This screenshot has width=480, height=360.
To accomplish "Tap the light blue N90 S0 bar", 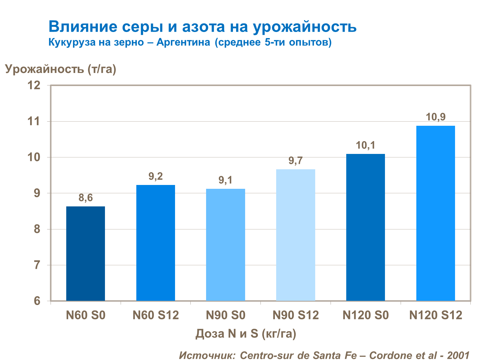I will (x=226, y=244).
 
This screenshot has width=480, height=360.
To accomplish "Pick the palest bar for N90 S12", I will (x=296, y=235).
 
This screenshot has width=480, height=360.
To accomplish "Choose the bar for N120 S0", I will (x=365, y=227).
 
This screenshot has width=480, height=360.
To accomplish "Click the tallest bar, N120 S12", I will (x=436, y=213).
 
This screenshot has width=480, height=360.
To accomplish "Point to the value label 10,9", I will (x=436, y=117).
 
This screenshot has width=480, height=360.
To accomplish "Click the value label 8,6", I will (x=85, y=198).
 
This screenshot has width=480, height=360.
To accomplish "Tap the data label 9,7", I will (x=296, y=161).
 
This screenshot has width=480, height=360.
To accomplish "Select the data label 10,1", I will (x=365, y=145).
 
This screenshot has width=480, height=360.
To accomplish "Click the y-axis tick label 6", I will (x=37, y=301).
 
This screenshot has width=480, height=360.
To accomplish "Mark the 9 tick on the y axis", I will (x=37, y=193).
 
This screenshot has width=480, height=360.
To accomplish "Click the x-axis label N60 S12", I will (x=156, y=316).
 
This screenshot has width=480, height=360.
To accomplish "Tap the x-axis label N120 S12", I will (x=436, y=316).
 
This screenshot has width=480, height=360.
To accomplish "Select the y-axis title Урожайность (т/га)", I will (x=60, y=69).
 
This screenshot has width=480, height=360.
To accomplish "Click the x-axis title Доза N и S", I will (x=246, y=334).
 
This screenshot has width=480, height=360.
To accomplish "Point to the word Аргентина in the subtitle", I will (x=183, y=42).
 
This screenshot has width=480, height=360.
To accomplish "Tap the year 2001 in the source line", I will (x=458, y=355).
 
